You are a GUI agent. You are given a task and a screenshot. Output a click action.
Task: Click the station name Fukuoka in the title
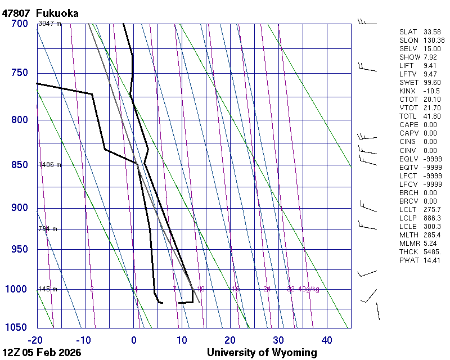[x=57, y=13]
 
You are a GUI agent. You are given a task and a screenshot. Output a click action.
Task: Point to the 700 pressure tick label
[x=19, y=24]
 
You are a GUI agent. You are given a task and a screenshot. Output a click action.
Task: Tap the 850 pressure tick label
[x=19, y=165]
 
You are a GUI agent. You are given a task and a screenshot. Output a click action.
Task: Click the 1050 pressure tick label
[x=16, y=328]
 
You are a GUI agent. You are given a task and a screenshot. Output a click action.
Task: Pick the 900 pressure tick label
[x=19, y=208]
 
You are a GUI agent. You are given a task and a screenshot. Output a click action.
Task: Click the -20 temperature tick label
[x=35, y=340]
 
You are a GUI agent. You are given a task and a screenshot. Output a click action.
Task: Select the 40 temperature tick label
[x=327, y=340]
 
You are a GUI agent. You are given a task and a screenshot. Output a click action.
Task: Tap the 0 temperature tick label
[x=134, y=340]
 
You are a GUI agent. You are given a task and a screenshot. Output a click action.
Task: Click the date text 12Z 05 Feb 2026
[x=42, y=353]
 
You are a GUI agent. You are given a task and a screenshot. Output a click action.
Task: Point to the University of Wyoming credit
[x=262, y=353]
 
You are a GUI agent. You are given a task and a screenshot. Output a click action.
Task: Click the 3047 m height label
[x=49, y=24]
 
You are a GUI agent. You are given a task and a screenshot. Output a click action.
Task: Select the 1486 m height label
[x=49, y=165]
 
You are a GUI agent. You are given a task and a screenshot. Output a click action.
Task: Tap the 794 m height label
[x=48, y=229]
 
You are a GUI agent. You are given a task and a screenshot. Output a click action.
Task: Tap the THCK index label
[x=409, y=252]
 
